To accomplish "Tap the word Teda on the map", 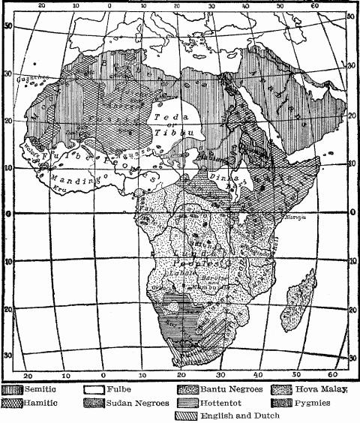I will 166,118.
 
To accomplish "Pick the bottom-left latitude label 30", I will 7,355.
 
